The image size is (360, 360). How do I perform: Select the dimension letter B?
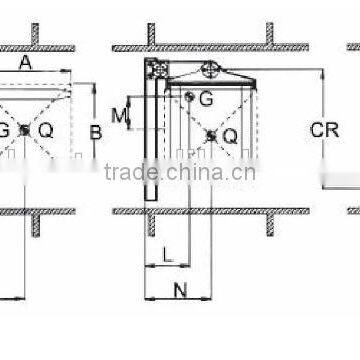pyautogui.click(x=96, y=131)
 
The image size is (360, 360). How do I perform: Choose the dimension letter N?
pyautogui.click(x=181, y=291)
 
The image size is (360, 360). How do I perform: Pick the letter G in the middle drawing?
pyautogui.click(x=205, y=98)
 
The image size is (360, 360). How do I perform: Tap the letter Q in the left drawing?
pyautogui.click(x=46, y=131)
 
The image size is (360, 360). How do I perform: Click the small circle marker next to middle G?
pyautogui.click(x=189, y=96)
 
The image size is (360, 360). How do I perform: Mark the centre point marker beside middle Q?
pyautogui.click(x=210, y=135)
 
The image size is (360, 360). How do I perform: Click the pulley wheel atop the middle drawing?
pyautogui.click(x=210, y=70)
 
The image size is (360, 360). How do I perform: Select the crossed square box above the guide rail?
pyautogui.click(x=154, y=69)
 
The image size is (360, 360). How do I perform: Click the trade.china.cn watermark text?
pyautogui.click(x=180, y=171)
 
